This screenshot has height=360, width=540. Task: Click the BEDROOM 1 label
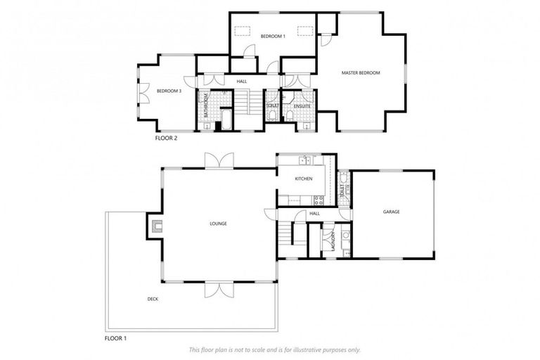(x=273, y=36)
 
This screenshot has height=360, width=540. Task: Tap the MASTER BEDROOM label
(x=361, y=72)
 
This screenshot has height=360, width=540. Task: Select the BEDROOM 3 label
(x=169, y=91)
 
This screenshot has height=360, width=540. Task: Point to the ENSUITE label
(x=292, y=106)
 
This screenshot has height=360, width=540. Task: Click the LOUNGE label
(x=218, y=224)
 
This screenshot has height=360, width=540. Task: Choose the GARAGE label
(x=391, y=212)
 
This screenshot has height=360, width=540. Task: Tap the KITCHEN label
(x=304, y=179)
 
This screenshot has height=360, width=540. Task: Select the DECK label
(x=152, y=300)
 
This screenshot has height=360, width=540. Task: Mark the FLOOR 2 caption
(x=166, y=139)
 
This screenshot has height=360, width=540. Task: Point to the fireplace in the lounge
(x=156, y=226)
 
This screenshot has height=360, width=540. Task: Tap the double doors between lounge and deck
(x=218, y=289)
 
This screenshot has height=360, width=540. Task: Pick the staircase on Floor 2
(x=243, y=103)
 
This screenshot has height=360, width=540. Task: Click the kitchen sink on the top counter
(x=304, y=160)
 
